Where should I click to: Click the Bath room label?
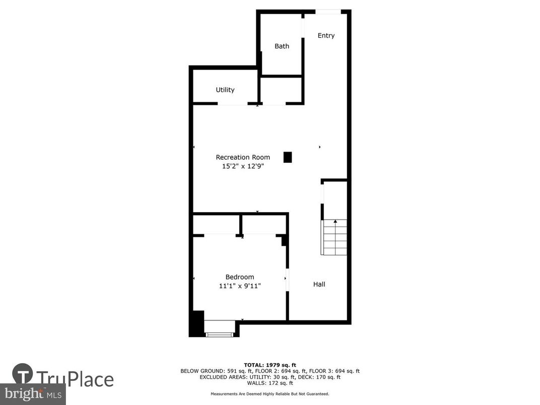coord(282,46)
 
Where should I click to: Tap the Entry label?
coord(326,36)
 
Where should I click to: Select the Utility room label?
coord(225,90)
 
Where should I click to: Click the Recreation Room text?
coord(243,157)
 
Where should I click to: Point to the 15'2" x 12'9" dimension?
coord(243,166)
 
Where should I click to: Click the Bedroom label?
coord(239,277)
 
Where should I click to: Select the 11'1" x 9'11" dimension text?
coord(239,286)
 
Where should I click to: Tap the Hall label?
coord(319,284)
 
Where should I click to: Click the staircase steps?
coord(335,237)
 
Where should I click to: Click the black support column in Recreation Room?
coord(288,157)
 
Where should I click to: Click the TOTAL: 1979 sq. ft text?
coord(269,364)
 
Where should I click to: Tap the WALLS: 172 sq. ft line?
coord(269,383)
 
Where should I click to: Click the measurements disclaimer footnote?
coord(269,393)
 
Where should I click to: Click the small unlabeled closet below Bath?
coord(281,91)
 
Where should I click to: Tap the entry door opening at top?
coord(328,12)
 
